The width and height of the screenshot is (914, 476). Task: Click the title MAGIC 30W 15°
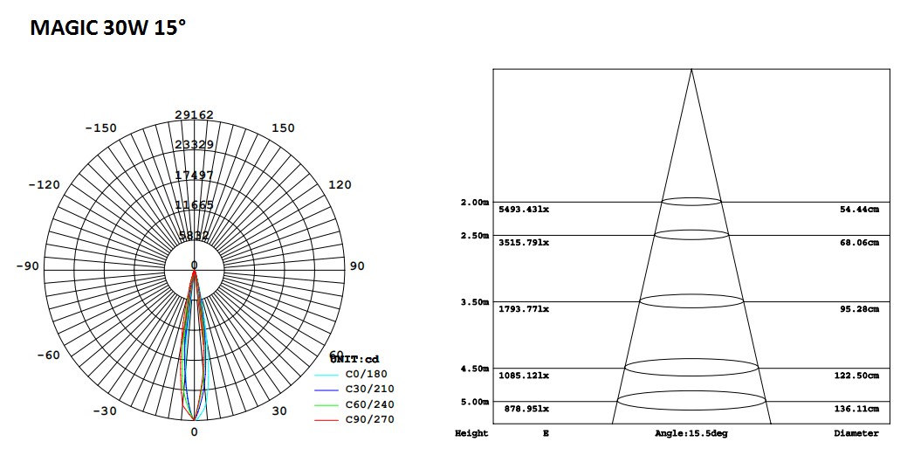coord(107,28)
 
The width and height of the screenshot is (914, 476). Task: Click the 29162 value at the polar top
coord(194,115)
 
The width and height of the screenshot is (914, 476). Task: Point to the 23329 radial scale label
coord(194,145)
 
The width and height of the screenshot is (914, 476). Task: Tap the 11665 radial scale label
coord(194,205)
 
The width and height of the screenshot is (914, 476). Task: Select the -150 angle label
coord(100,128)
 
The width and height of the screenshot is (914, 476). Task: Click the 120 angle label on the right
coord(340,184)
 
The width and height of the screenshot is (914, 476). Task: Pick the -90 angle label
coord(27,266)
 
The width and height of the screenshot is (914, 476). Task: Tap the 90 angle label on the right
coord(357,266)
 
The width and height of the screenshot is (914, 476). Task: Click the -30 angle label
coord(105,411)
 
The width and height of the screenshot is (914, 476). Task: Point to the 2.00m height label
coord(474,203)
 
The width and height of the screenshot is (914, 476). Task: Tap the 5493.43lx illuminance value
coord(524,210)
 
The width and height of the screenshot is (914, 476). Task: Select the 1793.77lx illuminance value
coord(524,309)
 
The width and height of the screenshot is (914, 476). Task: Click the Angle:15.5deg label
coord(690,433)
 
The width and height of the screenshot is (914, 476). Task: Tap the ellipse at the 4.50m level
coord(691,367)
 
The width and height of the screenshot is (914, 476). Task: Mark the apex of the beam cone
coord(691,69)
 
